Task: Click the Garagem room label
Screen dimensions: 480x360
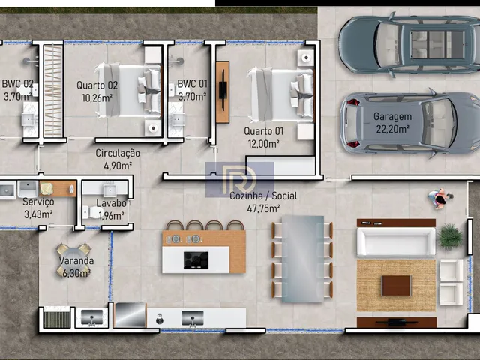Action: pyautogui.click(x=392, y=117)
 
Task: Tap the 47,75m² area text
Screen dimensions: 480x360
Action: pyautogui.click(x=263, y=208)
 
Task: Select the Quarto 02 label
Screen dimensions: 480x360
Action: pyautogui.click(x=97, y=85)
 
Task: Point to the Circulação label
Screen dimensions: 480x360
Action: pyautogui.click(x=118, y=153)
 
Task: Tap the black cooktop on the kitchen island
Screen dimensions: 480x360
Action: pyautogui.click(x=196, y=260)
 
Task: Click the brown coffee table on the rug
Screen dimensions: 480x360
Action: pyautogui.click(x=397, y=285)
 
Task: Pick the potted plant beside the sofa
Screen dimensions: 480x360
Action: pyautogui.click(x=450, y=236)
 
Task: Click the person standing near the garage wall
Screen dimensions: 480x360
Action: pyautogui.click(x=440, y=199)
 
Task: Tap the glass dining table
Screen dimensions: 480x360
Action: pyautogui.click(x=303, y=259)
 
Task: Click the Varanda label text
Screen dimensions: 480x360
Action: pyautogui.click(x=76, y=261)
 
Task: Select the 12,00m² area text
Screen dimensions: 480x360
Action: pyautogui.click(x=263, y=144)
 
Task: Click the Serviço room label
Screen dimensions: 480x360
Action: pyautogui.click(x=38, y=202)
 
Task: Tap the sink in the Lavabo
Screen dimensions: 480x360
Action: pyautogui.click(x=109, y=190)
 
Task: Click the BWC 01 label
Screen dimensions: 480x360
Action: pyautogui.click(x=192, y=83)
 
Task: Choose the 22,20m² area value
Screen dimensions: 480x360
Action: pyautogui.click(x=392, y=129)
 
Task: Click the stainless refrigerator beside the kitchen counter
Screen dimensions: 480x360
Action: pyautogui.click(x=130, y=315)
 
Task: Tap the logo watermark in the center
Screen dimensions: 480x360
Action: pyautogui.click(x=239, y=180)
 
